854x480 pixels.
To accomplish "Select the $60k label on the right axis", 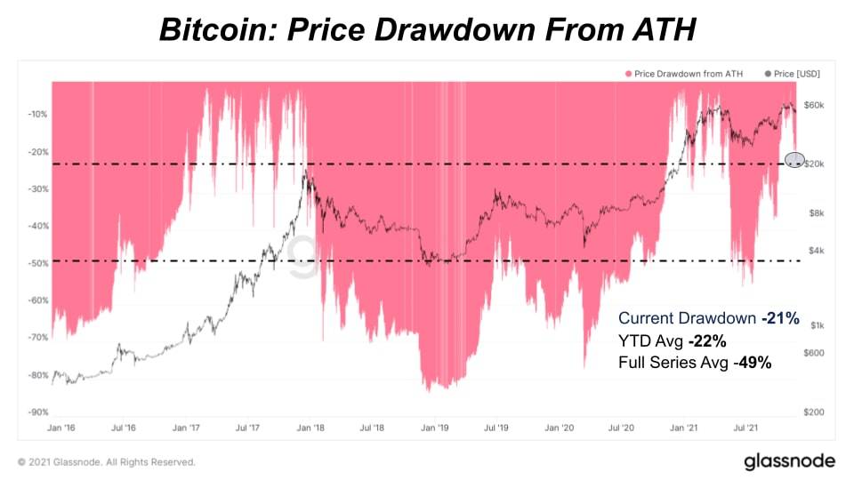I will (x=816, y=105).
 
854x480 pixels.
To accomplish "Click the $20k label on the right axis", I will (x=816, y=165).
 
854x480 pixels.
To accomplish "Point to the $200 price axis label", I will (x=816, y=412).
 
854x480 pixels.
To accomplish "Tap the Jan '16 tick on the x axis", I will (x=60, y=428).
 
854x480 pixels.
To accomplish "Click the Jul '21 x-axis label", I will (x=745, y=428).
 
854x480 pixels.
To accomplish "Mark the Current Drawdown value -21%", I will (x=780, y=318).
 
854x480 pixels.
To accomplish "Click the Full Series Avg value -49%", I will (x=753, y=363).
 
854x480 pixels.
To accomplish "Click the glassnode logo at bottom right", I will (x=789, y=460).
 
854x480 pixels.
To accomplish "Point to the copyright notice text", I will (x=106, y=462).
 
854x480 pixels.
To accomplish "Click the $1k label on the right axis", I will (x=816, y=325).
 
